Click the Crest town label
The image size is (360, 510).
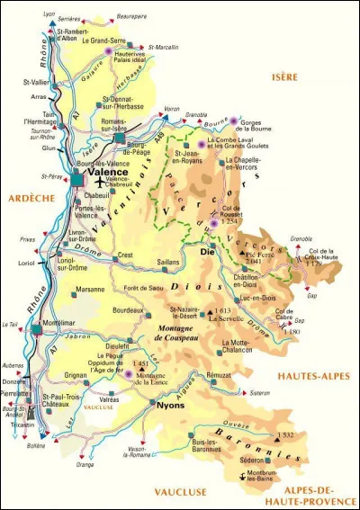point(126,255)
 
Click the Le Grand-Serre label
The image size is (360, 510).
point(103,40)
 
